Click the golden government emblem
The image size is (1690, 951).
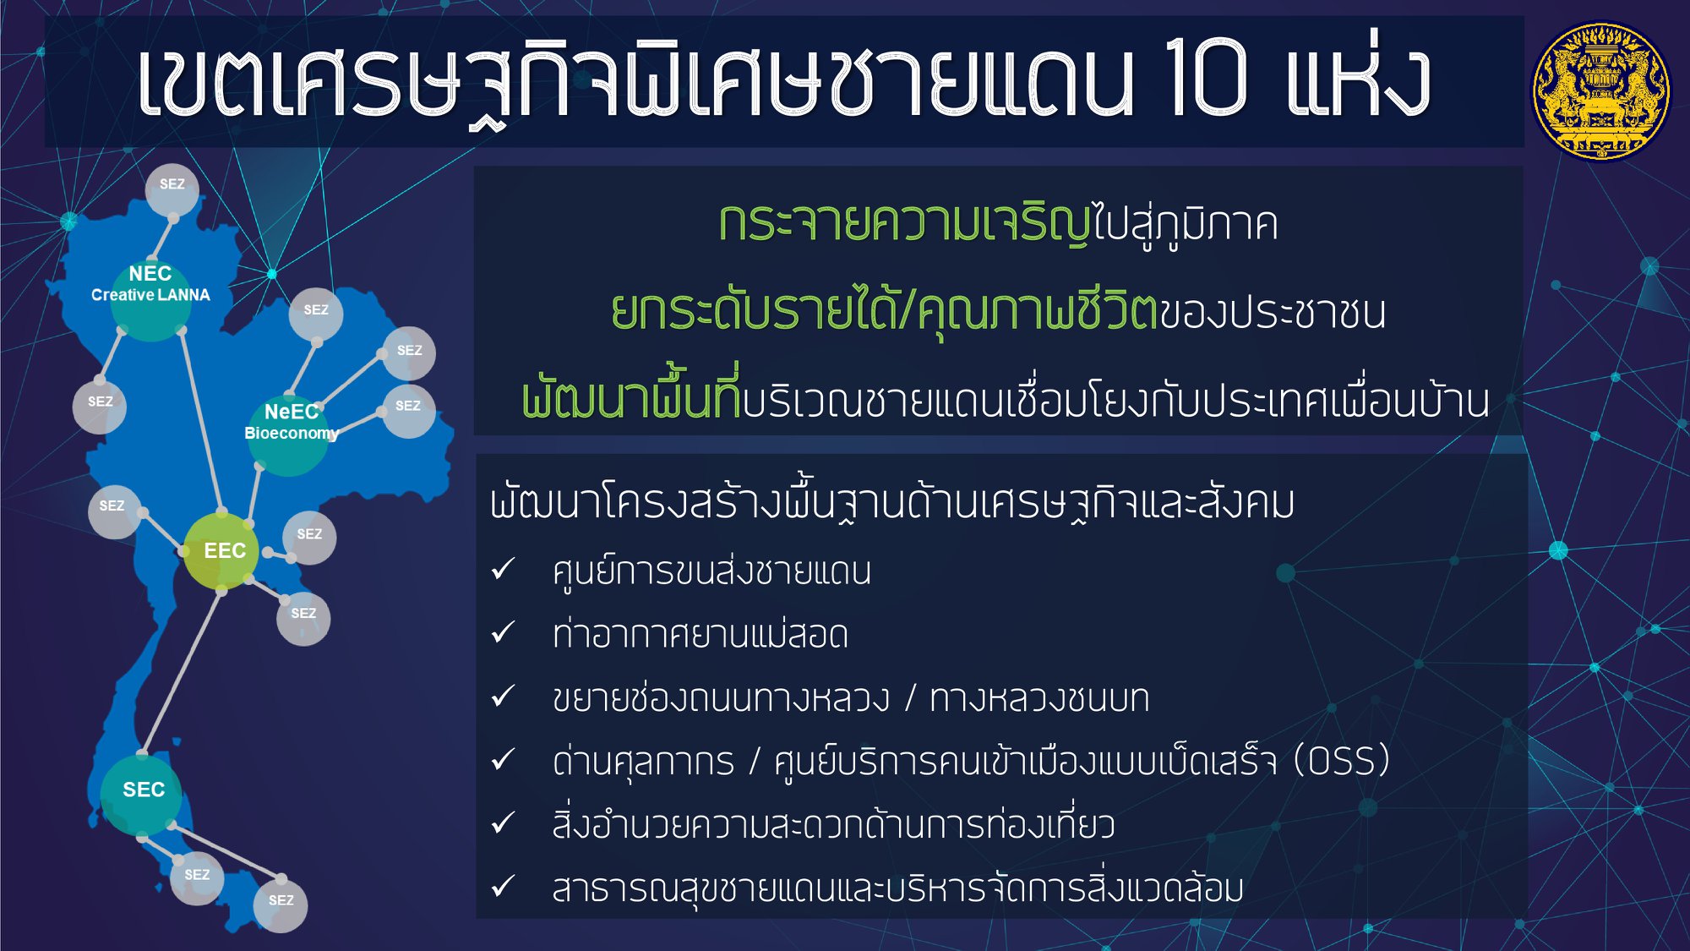click(x=1600, y=90)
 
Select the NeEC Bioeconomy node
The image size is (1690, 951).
click(x=288, y=435)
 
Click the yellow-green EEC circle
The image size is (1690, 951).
click(x=221, y=551)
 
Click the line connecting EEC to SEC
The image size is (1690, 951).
click(x=182, y=672)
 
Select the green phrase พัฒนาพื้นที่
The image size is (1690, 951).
click(x=631, y=396)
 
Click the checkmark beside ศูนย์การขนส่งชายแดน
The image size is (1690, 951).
click(x=504, y=569)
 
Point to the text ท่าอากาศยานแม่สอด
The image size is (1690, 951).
click(x=700, y=635)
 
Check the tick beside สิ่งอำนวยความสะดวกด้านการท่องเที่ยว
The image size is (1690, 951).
click(x=504, y=823)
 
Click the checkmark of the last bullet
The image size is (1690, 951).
click(x=504, y=886)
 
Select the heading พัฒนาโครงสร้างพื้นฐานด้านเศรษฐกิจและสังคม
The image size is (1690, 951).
click(x=892, y=504)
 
